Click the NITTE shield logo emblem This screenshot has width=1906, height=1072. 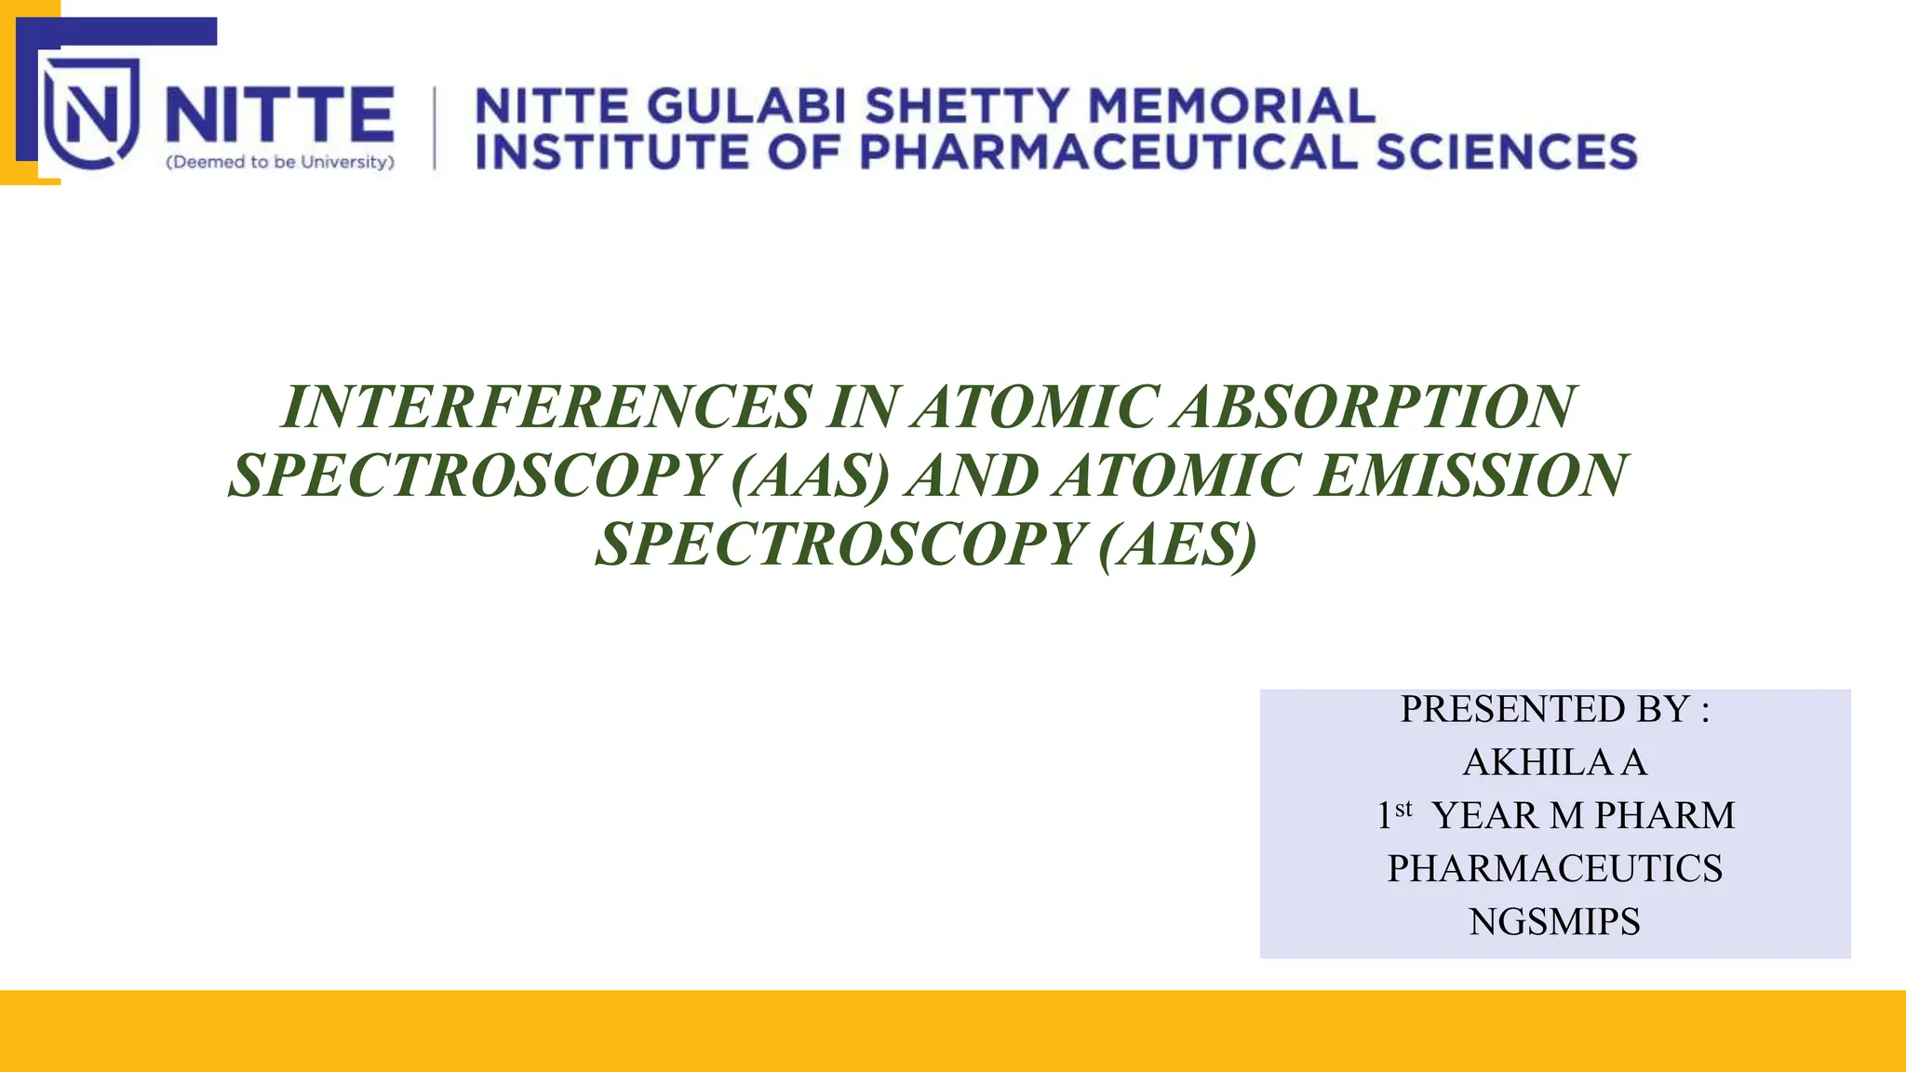pyautogui.click(x=91, y=114)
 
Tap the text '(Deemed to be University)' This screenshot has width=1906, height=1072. pyautogui.click(x=280, y=162)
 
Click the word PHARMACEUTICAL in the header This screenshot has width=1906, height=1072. pyautogui.click(x=1108, y=153)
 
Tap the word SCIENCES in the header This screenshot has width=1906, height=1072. pyautogui.click(x=1507, y=153)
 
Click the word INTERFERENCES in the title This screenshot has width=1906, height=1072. pyautogui.click(x=545, y=408)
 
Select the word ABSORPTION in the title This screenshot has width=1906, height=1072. pyautogui.click(x=1374, y=408)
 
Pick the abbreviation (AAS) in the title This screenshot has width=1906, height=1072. pyautogui.click(x=811, y=476)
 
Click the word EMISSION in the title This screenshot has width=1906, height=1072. pyautogui.click(x=1470, y=476)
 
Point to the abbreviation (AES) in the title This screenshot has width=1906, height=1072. pyautogui.click(x=1177, y=545)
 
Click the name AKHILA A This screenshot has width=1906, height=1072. pyautogui.click(x=1554, y=762)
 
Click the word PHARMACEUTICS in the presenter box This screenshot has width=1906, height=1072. pyautogui.click(x=1554, y=868)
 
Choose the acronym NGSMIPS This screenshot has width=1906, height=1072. pyautogui.click(x=1554, y=921)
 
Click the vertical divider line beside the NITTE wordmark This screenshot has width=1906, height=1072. pyautogui.click(x=435, y=128)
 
